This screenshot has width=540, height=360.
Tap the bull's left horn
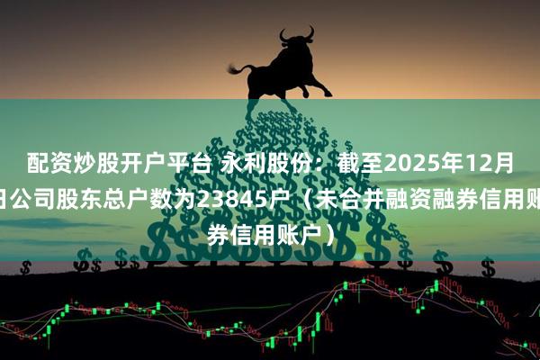(x=282, y=34)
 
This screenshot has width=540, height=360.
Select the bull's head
(x=298, y=45)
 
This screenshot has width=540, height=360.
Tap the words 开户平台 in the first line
(x=158, y=162)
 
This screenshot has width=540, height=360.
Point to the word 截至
(x=334, y=162)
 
